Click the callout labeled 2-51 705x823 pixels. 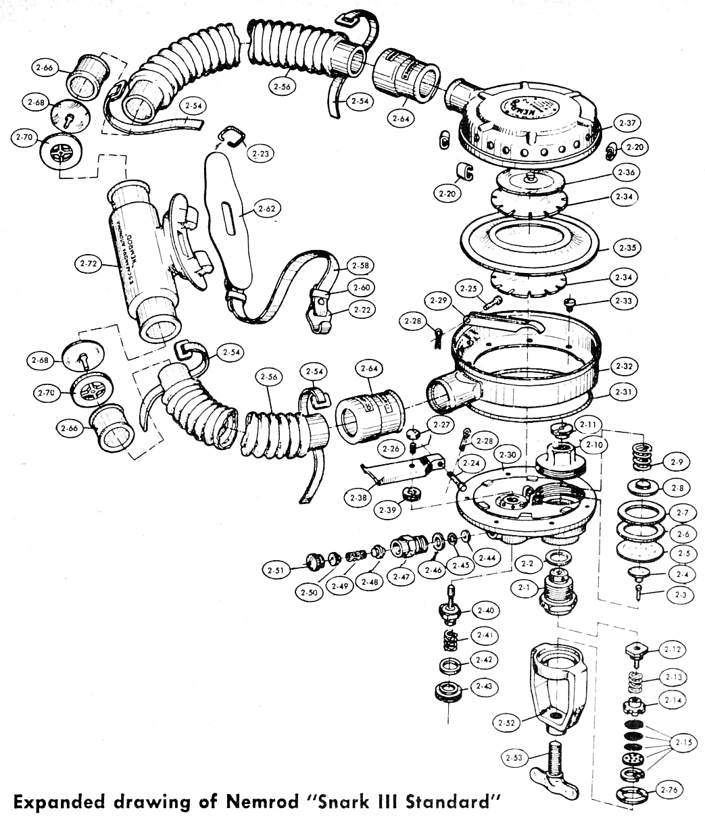tap(276, 570)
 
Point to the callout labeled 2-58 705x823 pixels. tap(361, 266)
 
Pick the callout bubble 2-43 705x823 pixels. tap(483, 686)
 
